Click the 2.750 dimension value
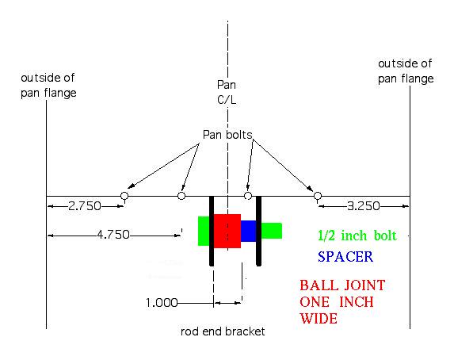pos(85,206)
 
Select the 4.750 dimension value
pos(113,235)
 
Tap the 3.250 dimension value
pos(364,206)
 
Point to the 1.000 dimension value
pos(162,303)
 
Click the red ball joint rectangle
pos(227,231)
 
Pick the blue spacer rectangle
pos(249,231)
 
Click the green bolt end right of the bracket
pos(272,231)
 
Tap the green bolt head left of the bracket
pos(204,231)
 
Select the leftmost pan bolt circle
pos(124,196)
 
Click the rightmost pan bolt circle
pos(318,196)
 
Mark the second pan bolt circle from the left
pos(181,196)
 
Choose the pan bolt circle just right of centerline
pos(248,196)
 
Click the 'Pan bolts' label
pos(227,135)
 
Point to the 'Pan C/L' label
pos(227,93)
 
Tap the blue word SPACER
pos(345,257)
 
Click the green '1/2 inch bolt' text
pos(357,236)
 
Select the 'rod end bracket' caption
pos(223,331)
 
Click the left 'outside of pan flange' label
pos(48,85)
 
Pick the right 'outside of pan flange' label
pos(406,71)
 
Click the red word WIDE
pos(319,319)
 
